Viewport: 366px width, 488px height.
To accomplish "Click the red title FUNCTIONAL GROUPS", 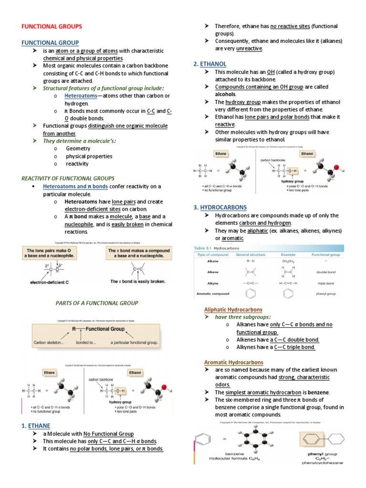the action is (x=52, y=26).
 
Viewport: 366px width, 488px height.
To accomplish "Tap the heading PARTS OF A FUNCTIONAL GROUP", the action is (x=97, y=303).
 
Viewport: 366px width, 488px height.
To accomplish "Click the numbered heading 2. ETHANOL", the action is (x=210, y=63).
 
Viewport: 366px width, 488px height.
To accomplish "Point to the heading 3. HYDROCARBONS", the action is (x=220, y=207).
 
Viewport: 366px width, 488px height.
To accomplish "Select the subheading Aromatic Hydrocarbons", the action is (x=233, y=362).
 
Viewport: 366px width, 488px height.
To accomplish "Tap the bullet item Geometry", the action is (x=78, y=149).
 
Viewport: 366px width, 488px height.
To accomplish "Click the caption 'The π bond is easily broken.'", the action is (x=138, y=281).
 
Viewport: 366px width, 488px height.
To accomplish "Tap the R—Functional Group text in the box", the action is (x=99, y=329).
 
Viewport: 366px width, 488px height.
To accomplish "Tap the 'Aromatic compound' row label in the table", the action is (x=213, y=294).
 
